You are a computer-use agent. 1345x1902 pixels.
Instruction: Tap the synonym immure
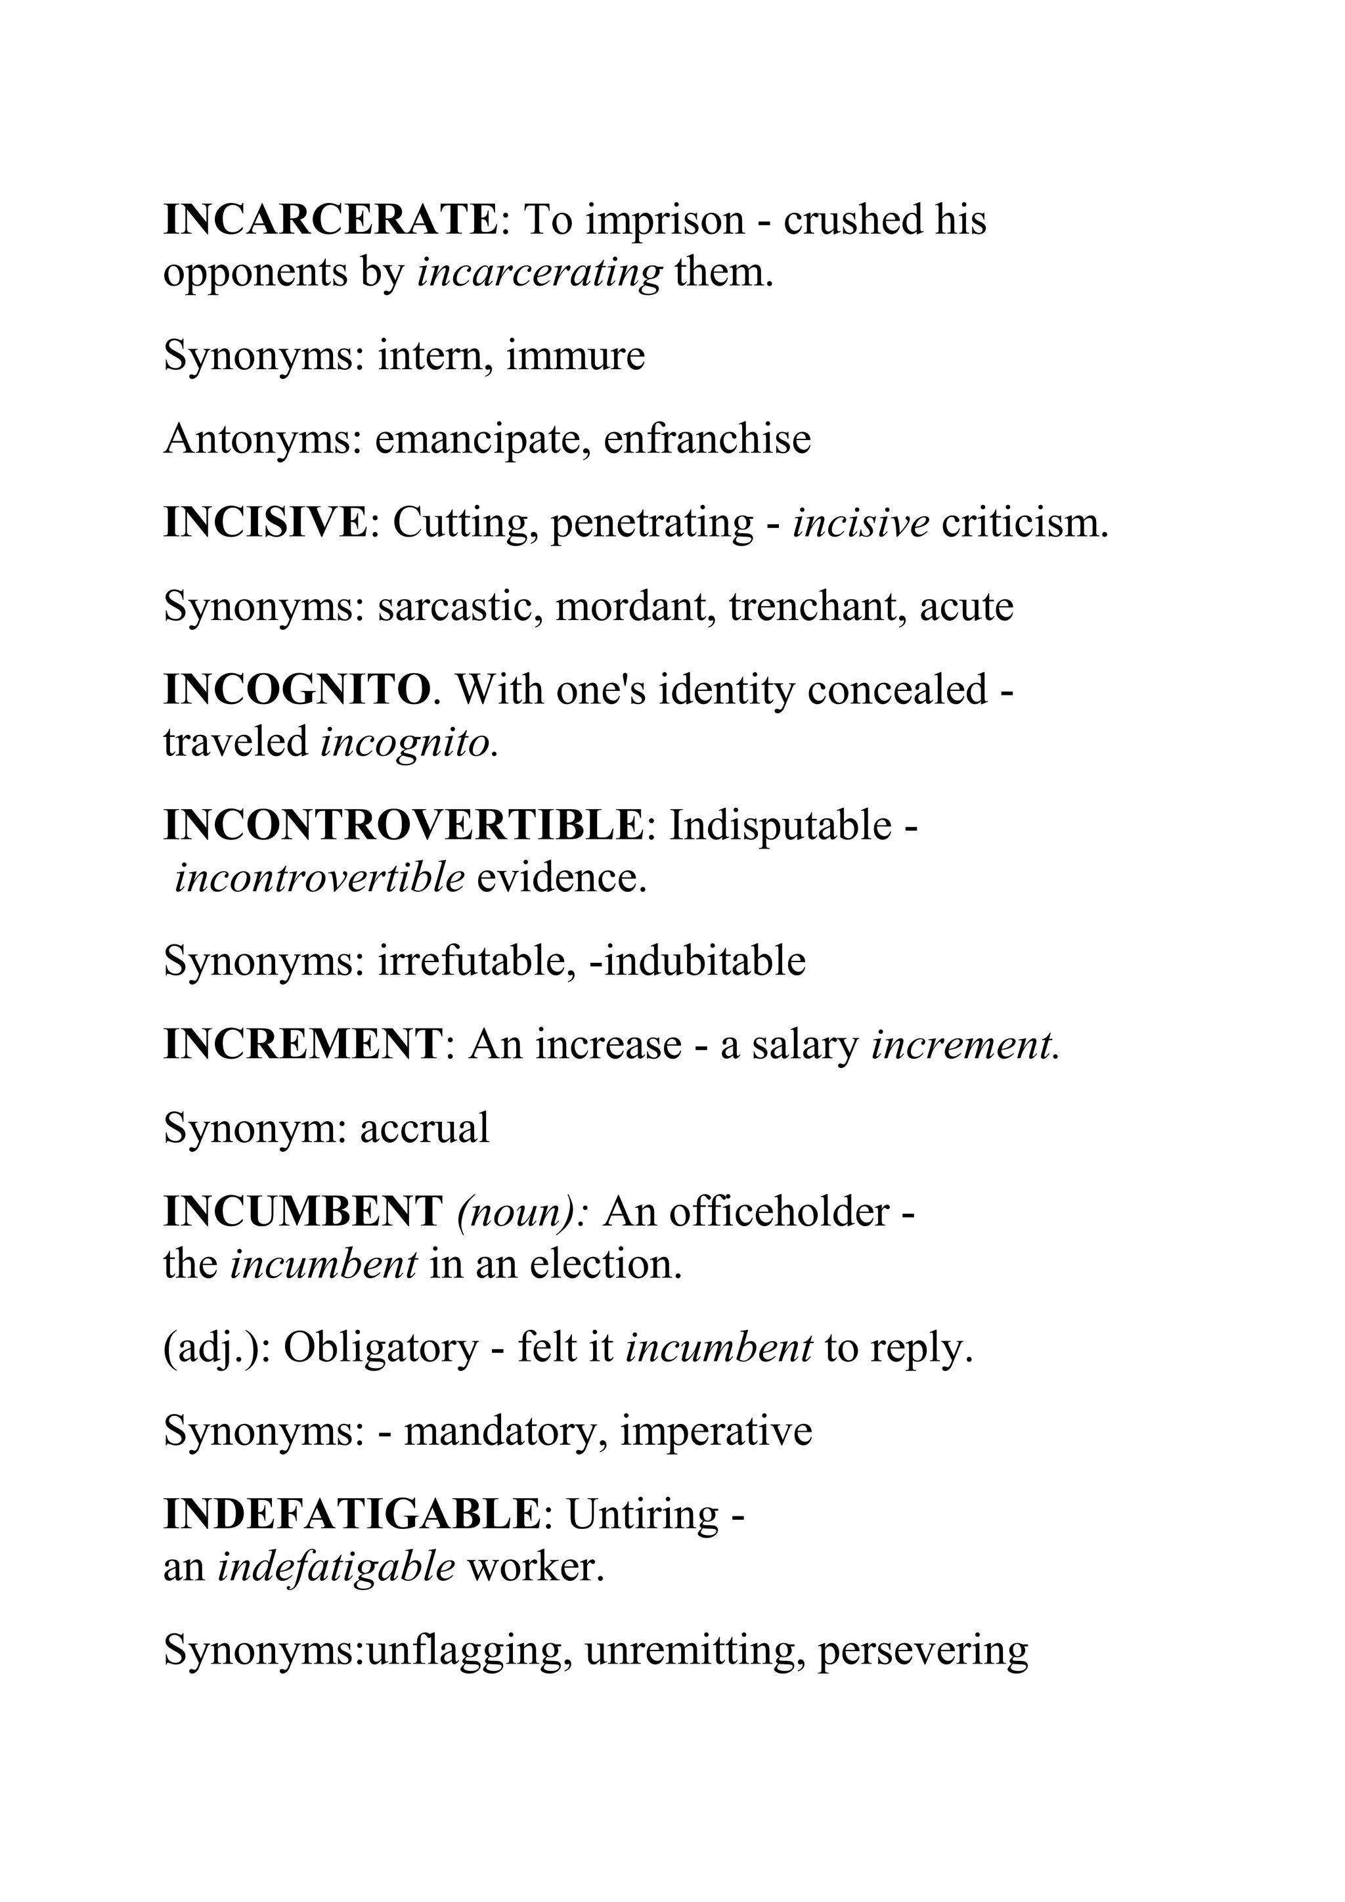click(575, 356)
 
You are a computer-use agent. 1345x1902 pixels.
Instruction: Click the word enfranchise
click(707, 440)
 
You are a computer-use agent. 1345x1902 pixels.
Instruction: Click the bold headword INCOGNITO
click(298, 690)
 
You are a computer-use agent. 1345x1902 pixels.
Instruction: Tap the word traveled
click(236, 742)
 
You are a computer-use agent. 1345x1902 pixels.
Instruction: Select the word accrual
click(424, 1128)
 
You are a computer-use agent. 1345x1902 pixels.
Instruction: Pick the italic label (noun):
click(523, 1213)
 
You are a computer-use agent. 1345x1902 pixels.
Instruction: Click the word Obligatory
click(381, 1348)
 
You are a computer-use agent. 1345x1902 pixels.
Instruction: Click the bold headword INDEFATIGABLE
click(352, 1515)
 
